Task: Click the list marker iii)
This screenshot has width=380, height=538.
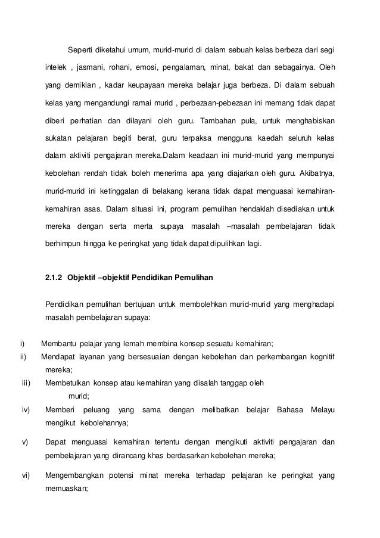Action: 26,382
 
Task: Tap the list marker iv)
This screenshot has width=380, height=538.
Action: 26,410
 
